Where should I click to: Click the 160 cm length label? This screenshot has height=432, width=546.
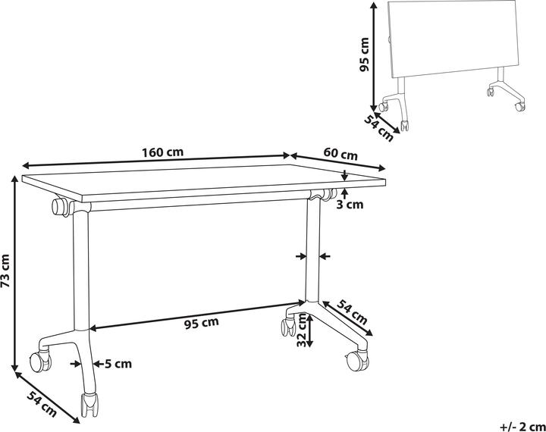[163, 152]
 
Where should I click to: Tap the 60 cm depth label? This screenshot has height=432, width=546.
[340, 155]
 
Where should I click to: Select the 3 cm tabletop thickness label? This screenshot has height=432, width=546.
[350, 204]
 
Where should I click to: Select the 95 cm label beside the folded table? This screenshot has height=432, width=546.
[364, 54]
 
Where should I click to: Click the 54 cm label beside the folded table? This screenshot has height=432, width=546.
[378, 126]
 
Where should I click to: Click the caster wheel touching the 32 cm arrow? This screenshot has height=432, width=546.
[289, 327]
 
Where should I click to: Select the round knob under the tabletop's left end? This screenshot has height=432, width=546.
[58, 206]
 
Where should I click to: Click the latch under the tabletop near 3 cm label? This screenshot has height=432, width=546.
[327, 195]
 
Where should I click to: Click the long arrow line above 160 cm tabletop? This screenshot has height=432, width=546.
[155, 161]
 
